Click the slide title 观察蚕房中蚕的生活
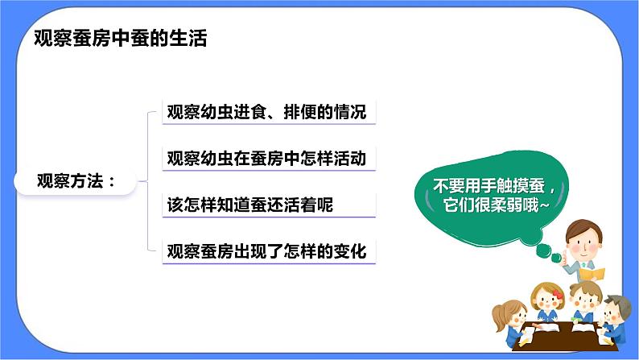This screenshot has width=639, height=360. tap(122, 39)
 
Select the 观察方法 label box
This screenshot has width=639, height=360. tap(76, 181)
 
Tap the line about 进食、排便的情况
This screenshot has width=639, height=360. tap(266, 112)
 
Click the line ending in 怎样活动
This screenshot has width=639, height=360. tap(266, 159)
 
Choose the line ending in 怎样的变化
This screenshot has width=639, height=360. tap(266, 252)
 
